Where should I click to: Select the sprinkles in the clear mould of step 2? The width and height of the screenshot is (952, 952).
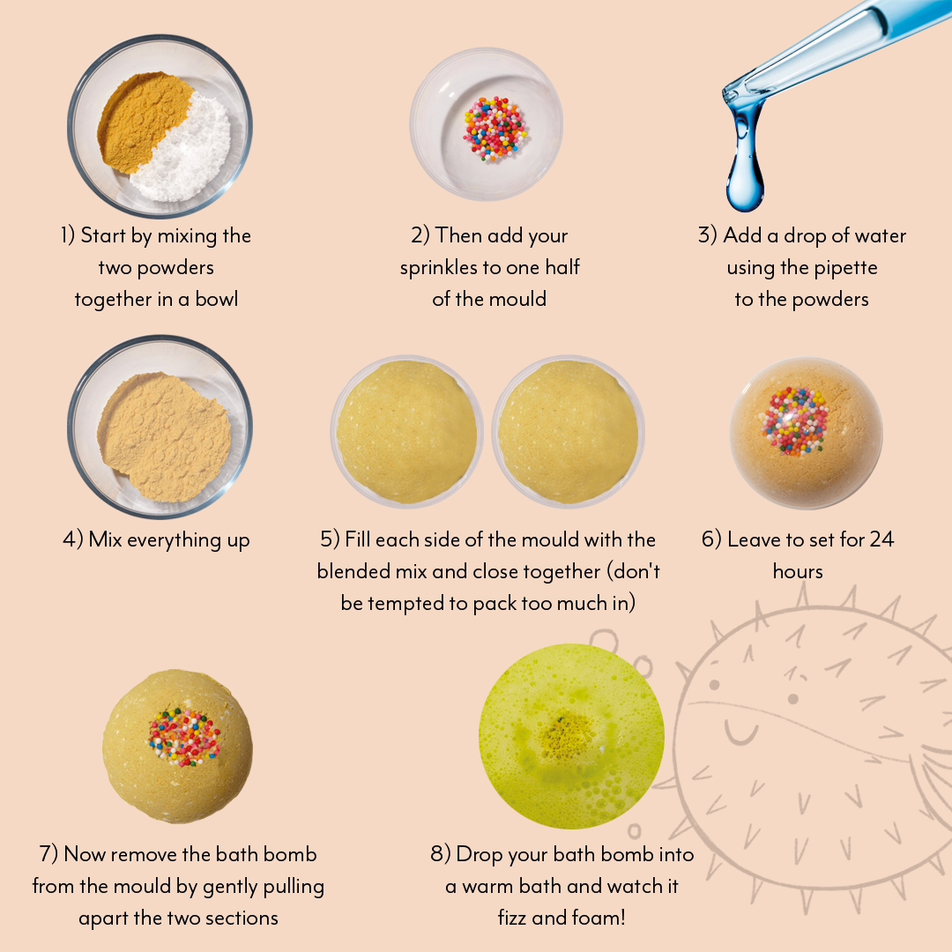click(495, 129)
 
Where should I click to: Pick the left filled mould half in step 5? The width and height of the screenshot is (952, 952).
click(406, 432)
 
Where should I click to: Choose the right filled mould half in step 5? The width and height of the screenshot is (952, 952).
click(568, 432)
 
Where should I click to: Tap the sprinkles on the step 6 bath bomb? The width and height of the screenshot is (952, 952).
click(796, 421)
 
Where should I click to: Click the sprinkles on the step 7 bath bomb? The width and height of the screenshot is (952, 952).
click(184, 737)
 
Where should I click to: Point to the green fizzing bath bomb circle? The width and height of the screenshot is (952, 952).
click(570, 737)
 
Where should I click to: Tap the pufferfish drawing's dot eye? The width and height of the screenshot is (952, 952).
click(792, 699)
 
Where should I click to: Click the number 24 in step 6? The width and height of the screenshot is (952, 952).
click(881, 539)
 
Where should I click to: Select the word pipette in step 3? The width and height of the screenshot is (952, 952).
click(846, 268)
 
